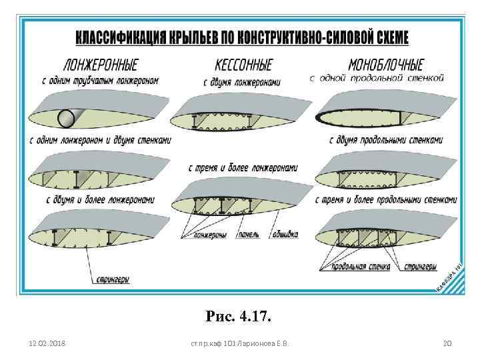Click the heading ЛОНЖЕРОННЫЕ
(100, 65)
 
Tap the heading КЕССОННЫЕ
(243, 65)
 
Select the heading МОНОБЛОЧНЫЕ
(386, 65)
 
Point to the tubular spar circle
(67, 119)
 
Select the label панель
(249, 235)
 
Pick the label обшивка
(284, 235)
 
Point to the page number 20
(447, 344)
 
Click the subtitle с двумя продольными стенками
(386, 141)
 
